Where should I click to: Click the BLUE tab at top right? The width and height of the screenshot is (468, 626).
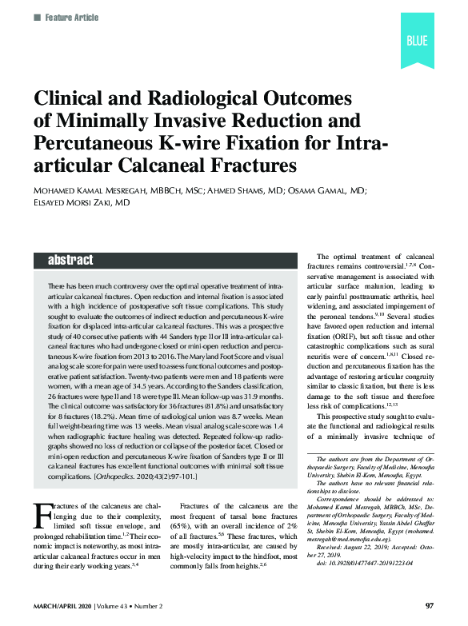[418, 41]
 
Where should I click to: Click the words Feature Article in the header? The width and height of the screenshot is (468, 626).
[70, 17]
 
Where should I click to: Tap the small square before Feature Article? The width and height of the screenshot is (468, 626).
[37, 17]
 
